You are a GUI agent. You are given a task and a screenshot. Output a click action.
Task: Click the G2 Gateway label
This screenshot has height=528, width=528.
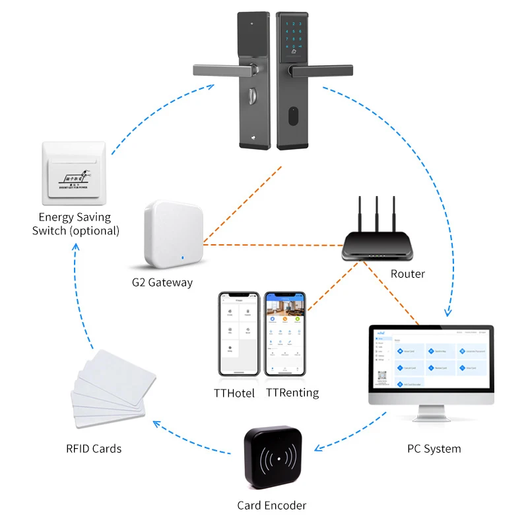point(162,282)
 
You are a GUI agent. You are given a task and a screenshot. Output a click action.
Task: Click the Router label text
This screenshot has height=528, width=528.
point(407,273)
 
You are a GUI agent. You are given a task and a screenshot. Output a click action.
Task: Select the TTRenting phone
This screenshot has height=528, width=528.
point(286,335)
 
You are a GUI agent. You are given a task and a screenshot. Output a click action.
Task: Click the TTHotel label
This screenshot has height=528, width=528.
point(234,393)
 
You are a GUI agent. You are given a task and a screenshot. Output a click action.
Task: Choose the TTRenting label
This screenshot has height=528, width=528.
point(292,393)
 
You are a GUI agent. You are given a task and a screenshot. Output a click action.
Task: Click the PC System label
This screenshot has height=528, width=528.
point(434,449)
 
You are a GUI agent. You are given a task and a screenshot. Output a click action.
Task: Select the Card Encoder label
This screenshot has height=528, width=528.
point(272,506)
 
